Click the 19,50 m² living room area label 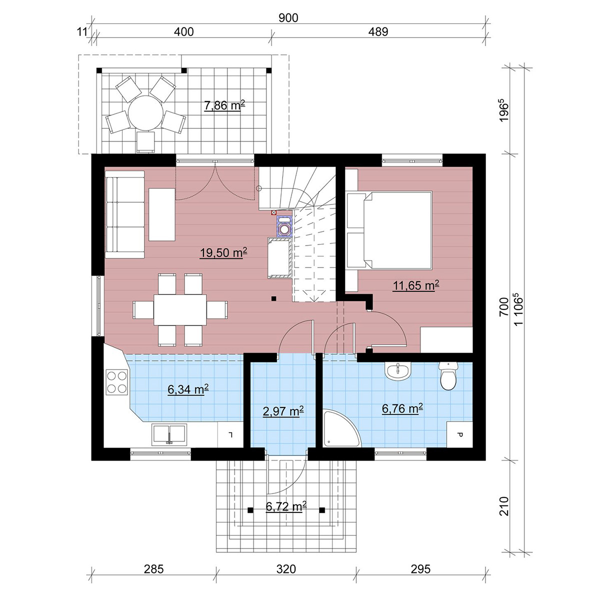click(x=223, y=252)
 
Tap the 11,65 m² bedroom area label click(x=415, y=285)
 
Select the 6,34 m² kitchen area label click(x=188, y=389)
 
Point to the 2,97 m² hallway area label click(x=283, y=411)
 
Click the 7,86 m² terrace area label click(x=224, y=105)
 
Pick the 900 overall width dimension click(x=288, y=18)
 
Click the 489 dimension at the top click(x=378, y=32)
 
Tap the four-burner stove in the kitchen click(x=117, y=382)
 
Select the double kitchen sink click(x=169, y=434)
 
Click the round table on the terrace click(x=145, y=113)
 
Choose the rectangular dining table click(x=180, y=310)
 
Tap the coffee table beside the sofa click(x=161, y=214)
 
